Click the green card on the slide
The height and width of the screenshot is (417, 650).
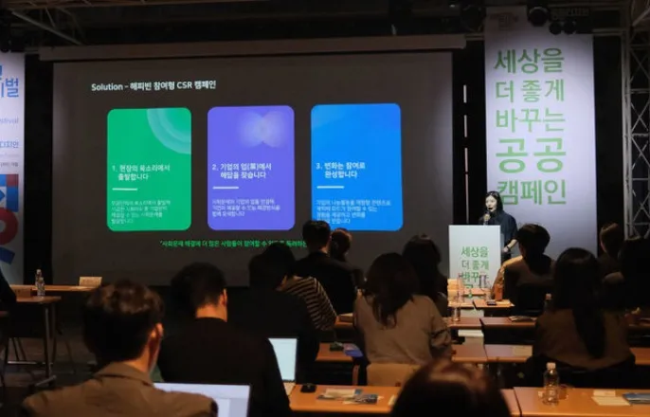pyautogui.click(x=149, y=168)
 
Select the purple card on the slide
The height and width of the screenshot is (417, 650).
pyautogui.click(x=250, y=168)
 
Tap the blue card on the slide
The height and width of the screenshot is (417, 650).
pyautogui.click(x=356, y=168)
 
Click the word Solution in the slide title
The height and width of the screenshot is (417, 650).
pyautogui.click(x=107, y=86)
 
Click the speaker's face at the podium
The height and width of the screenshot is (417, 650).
pyautogui.click(x=493, y=202)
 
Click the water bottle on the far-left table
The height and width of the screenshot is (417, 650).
pyautogui.click(x=40, y=283)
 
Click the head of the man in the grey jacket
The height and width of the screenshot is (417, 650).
pyautogui.click(x=122, y=321)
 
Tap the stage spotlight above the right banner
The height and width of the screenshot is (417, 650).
pyautogui.click(x=538, y=15)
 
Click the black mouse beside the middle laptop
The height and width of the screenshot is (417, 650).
pyautogui.click(x=309, y=387)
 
